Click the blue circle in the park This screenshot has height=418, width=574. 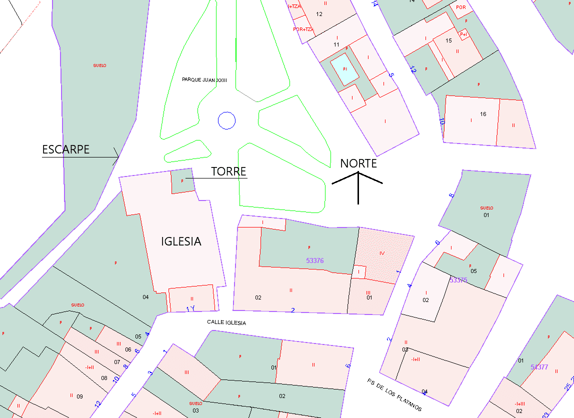[226, 120]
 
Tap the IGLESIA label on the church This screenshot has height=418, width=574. [181, 241]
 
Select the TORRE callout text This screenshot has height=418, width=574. [228, 171]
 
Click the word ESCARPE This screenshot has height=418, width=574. [65, 149]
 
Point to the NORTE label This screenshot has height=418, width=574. [358, 163]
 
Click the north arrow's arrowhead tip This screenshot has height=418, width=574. [358, 172]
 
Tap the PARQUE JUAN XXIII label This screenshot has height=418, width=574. [204, 79]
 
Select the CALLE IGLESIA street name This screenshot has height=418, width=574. [226, 322]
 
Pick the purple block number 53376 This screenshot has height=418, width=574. [314, 260]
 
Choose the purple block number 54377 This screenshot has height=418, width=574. [539, 367]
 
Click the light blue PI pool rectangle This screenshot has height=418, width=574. [345, 69]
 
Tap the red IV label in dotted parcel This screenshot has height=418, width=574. [382, 253]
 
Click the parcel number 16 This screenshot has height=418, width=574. [483, 114]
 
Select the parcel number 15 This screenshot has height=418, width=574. [448, 40]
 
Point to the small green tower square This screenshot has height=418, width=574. [182, 180]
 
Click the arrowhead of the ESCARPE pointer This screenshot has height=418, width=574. [118, 157]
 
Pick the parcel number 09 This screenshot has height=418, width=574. [79, 396]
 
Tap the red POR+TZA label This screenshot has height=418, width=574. [302, 29]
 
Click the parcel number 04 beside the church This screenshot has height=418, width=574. [145, 297]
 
